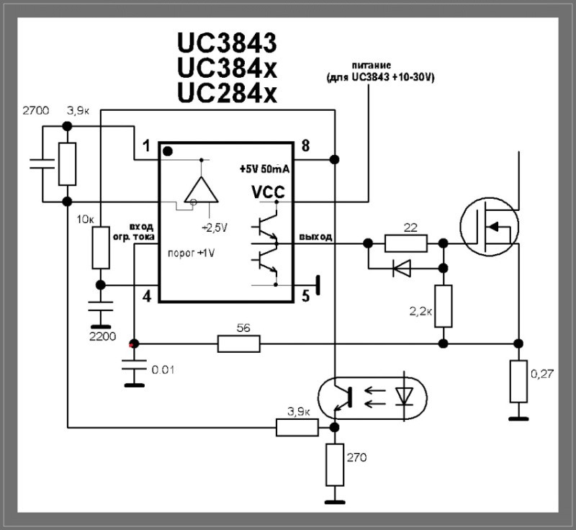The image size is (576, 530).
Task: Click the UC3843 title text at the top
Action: click(227, 42)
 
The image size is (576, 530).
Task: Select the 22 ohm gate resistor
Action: click(406, 243)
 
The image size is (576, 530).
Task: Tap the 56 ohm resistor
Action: click(239, 343)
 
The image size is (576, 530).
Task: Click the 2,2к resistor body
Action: click(444, 306)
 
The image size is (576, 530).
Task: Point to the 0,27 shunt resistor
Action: click(518, 381)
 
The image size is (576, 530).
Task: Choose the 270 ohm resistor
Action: click(335, 465)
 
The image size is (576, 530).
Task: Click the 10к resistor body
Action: click(101, 248)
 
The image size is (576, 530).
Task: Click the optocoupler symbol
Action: click(372, 398)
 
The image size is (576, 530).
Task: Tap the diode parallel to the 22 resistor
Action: click(402, 268)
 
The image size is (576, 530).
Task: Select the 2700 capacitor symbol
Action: click(42, 163)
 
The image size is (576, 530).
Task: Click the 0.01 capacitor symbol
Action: click(135, 364)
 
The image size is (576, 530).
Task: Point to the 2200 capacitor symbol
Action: click(101, 306)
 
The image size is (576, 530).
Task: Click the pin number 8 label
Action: click(305, 145)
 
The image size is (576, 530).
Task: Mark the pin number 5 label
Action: click(305, 296)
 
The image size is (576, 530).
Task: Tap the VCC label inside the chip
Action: click(268, 192)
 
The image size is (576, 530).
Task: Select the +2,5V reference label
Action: click(215, 228)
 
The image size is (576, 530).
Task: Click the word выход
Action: click(315, 237)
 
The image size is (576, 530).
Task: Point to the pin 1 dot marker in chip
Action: click(168, 151)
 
